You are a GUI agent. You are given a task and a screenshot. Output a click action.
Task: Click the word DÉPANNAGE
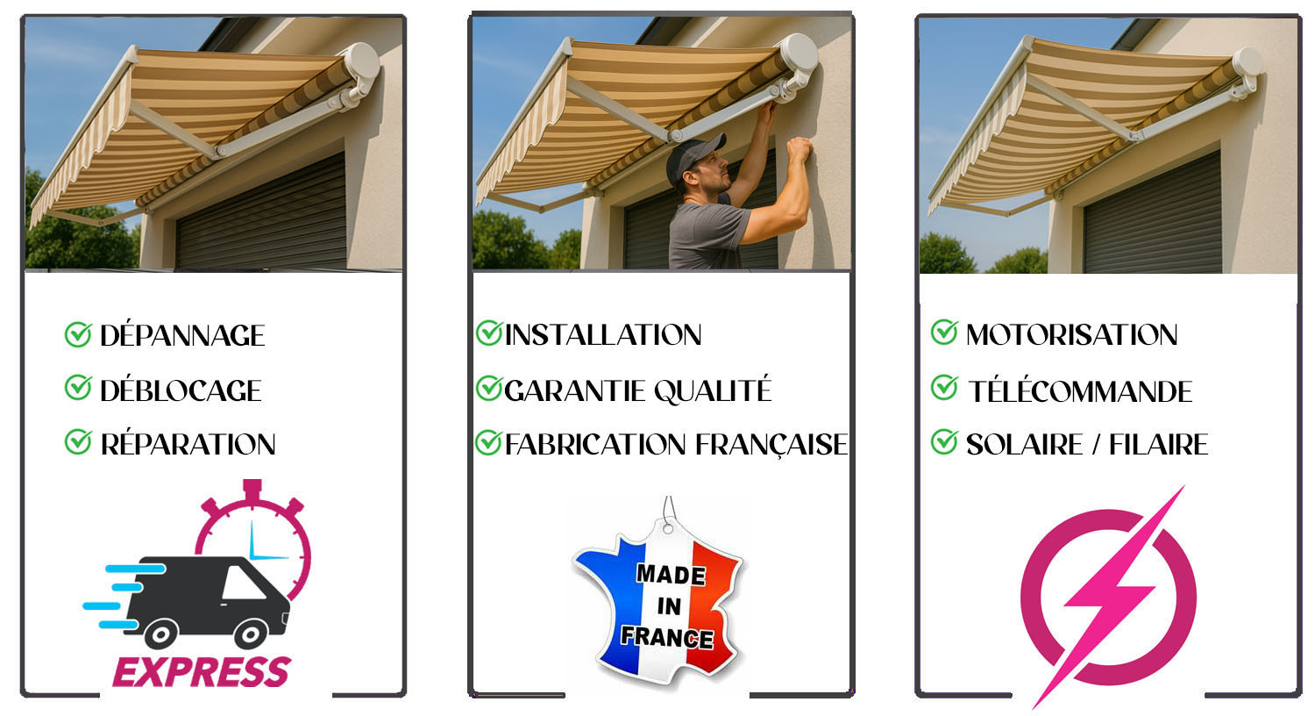181,335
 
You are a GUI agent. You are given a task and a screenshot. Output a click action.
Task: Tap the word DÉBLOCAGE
181,390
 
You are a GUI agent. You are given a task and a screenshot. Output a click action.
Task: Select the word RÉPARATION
188,445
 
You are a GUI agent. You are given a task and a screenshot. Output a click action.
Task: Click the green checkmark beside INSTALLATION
488,333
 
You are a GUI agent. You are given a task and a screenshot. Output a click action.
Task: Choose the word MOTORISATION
1071,334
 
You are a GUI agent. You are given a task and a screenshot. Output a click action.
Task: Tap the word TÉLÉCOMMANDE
1080,391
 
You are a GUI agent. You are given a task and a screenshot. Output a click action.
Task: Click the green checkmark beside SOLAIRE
944,442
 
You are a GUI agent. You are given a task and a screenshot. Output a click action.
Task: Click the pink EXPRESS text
201,672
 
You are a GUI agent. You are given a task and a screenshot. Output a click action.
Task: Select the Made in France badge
663,597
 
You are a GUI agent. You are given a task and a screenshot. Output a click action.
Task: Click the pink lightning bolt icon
1109,597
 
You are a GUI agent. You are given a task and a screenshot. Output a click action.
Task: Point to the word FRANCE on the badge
666,637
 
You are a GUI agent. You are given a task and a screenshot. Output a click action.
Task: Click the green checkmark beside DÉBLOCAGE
78,388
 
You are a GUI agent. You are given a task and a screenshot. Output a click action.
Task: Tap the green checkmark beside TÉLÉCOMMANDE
944,388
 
